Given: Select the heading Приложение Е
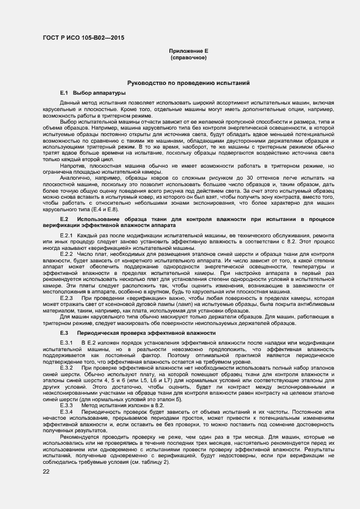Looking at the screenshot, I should [188, 51].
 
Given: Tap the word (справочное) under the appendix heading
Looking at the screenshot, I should [188, 57].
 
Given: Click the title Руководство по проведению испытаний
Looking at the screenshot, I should [188, 83].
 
